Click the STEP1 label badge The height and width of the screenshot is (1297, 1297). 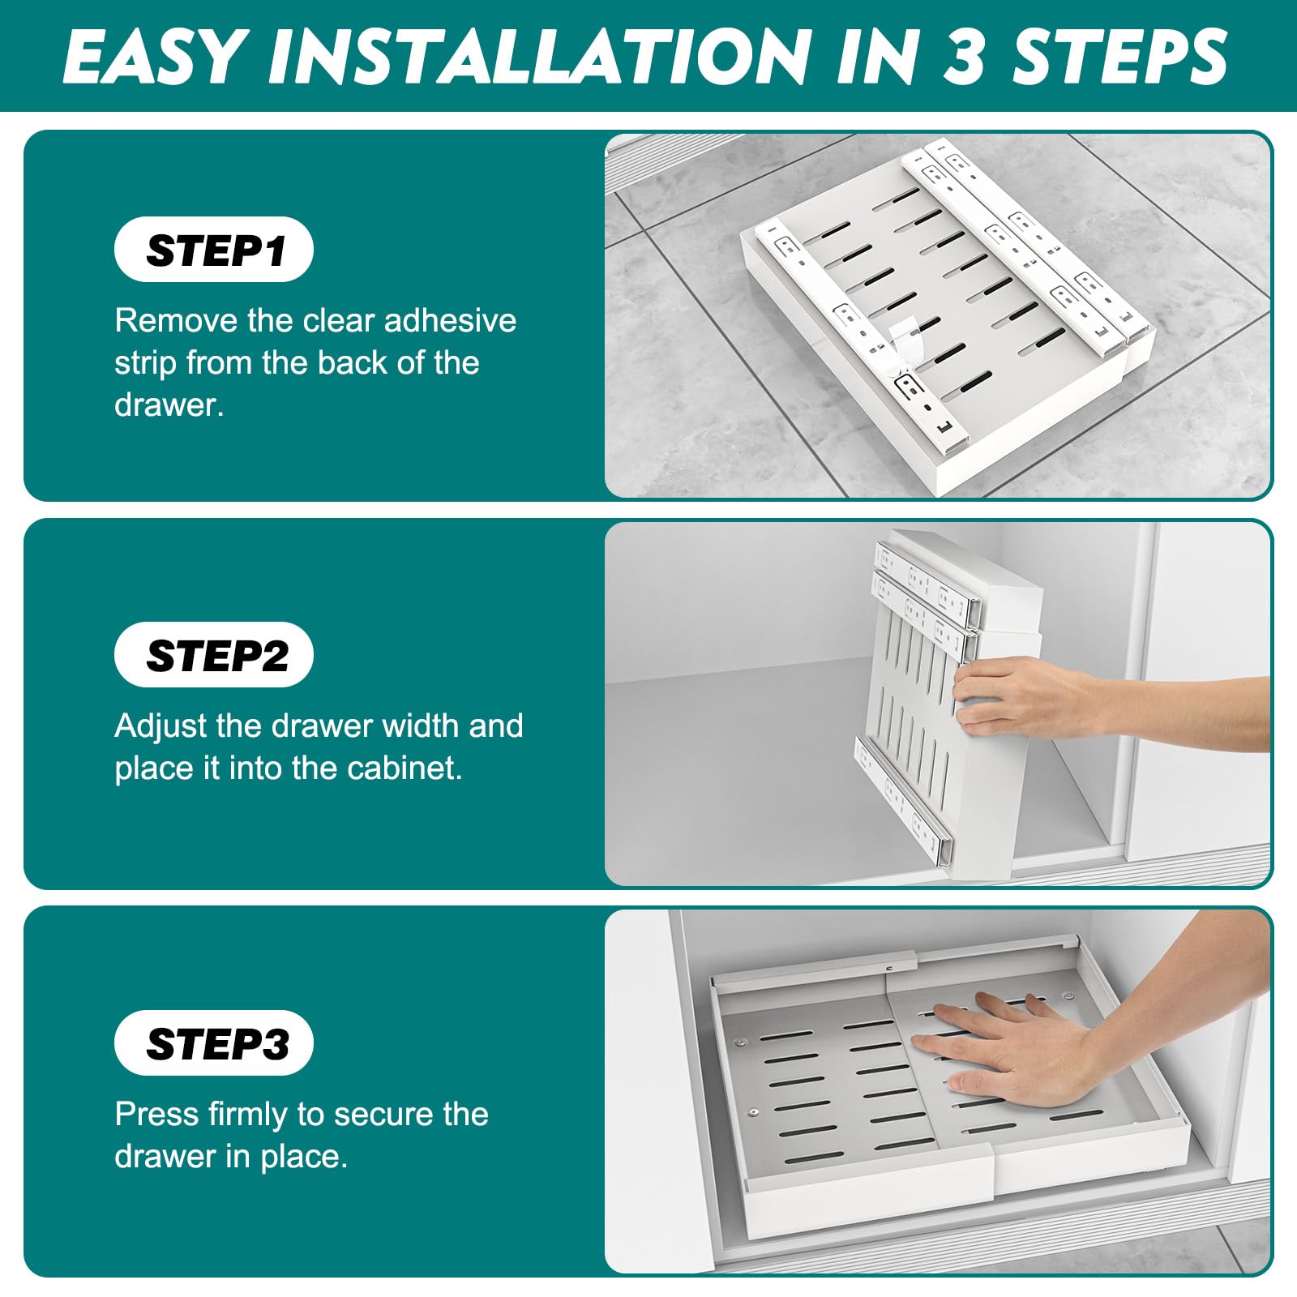(214, 250)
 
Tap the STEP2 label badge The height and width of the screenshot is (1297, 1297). (214, 655)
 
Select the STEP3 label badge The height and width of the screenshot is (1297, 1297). (214, 1043)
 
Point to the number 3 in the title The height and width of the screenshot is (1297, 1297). (964, 57)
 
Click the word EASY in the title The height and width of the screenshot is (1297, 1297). (154, 57)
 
